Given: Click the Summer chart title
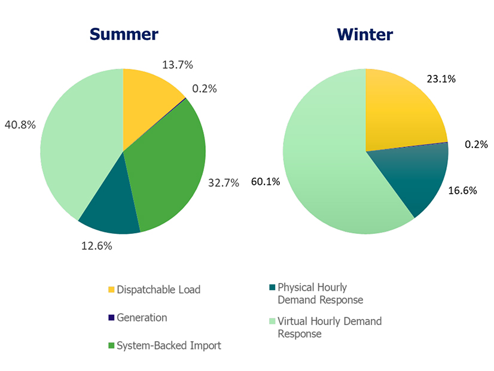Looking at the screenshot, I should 124,34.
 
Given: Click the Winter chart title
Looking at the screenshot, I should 365,34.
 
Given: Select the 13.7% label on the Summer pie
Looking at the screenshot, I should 178,65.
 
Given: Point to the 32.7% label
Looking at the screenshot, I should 223,183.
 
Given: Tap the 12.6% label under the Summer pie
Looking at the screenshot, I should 97,245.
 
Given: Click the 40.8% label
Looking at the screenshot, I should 20,126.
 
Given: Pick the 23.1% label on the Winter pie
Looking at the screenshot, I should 442,78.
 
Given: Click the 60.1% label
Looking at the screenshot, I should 266,182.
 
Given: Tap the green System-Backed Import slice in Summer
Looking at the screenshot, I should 173,168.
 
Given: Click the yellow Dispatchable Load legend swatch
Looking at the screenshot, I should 111,290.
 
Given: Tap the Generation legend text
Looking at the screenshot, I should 142,318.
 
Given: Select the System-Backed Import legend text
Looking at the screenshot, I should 169,345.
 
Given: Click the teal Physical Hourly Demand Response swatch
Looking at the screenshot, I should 273,288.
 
